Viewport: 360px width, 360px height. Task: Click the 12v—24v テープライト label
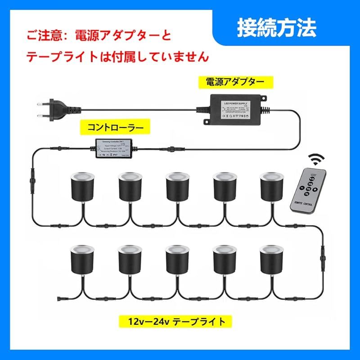(x=176, y=321)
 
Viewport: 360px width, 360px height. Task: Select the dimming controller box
(x=113, y=148)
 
